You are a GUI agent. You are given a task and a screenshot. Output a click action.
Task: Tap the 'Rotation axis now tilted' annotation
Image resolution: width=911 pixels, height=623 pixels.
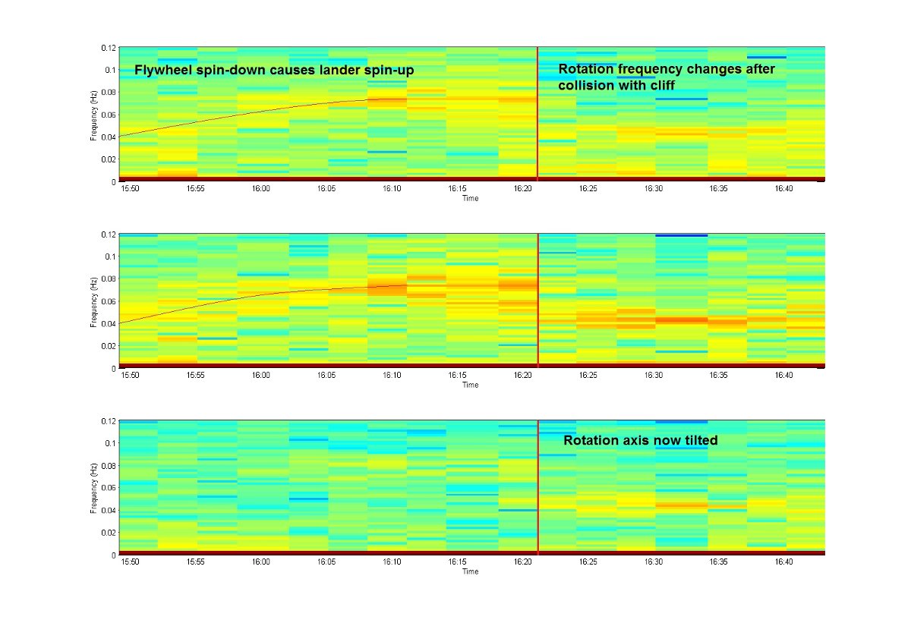click(x=640, y=441)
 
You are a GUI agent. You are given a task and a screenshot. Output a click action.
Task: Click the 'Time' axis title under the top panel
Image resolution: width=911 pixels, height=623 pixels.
click(x=471, y=199)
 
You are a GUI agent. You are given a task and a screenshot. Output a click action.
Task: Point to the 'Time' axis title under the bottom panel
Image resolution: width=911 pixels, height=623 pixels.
click(x=471, y=571)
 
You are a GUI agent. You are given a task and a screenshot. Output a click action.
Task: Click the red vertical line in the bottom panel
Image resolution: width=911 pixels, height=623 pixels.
click(x=537, y=486)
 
